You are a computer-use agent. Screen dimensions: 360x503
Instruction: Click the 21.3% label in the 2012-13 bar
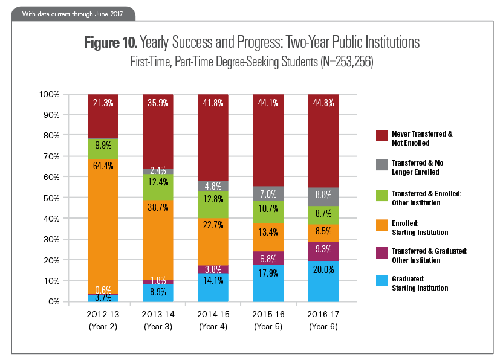click(103, 103)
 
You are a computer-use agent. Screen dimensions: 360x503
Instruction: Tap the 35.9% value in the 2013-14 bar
click(158, 103)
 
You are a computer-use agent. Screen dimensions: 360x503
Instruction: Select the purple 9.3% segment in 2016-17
click(322, 248)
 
